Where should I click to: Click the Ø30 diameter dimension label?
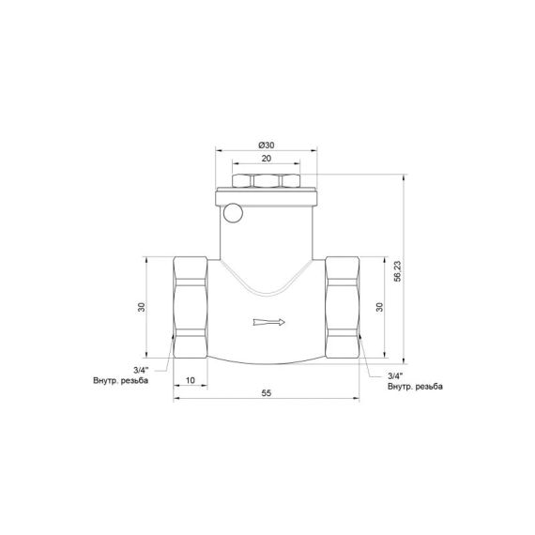point(266,145)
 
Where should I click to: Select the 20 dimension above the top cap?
point(266,160)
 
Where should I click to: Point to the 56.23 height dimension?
point(398,270)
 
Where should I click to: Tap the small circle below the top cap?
point(232,213)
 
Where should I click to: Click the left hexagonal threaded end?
point(191,307)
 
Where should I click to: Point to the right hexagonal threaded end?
point(342,307)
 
